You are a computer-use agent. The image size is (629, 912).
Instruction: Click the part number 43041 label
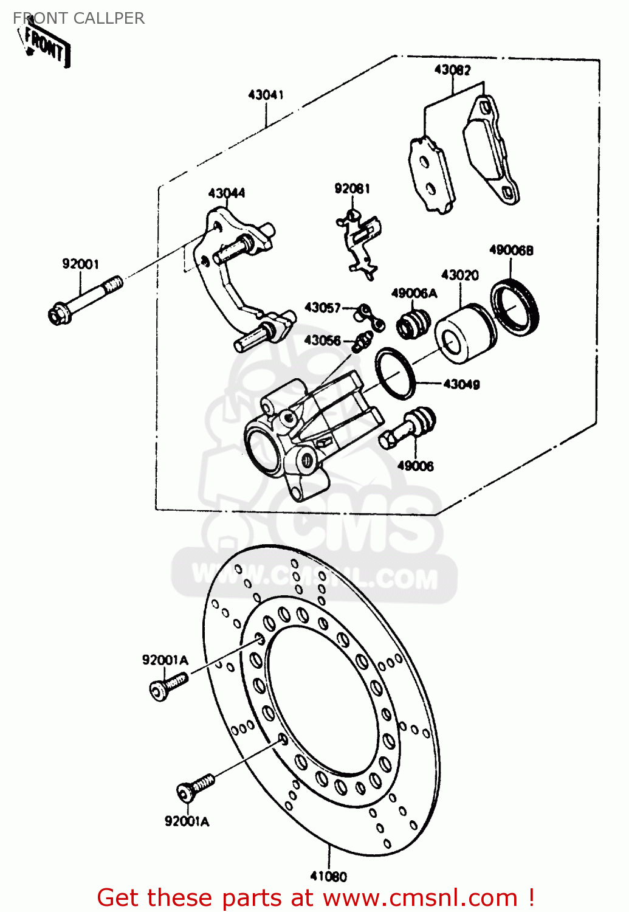tap(266, 95)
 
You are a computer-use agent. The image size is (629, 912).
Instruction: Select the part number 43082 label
tap(452, 70)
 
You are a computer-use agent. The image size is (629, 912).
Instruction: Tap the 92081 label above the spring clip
tap(352, 188)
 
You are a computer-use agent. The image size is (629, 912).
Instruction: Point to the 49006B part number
tap(511, 250)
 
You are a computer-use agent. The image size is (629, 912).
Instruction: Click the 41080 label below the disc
tap(328, 876)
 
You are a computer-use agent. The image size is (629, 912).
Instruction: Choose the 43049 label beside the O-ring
tap(461, 384)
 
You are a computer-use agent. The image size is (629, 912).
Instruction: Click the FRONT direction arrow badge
tap(46, 45)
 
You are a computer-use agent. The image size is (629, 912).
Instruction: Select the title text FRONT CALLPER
tap(79, 18)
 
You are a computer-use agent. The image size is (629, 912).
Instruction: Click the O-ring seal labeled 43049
tap(395, 373)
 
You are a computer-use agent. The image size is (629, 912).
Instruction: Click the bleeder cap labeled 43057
tap(369, 316)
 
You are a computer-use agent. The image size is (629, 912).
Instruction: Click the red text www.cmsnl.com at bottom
tap(419, 897)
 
